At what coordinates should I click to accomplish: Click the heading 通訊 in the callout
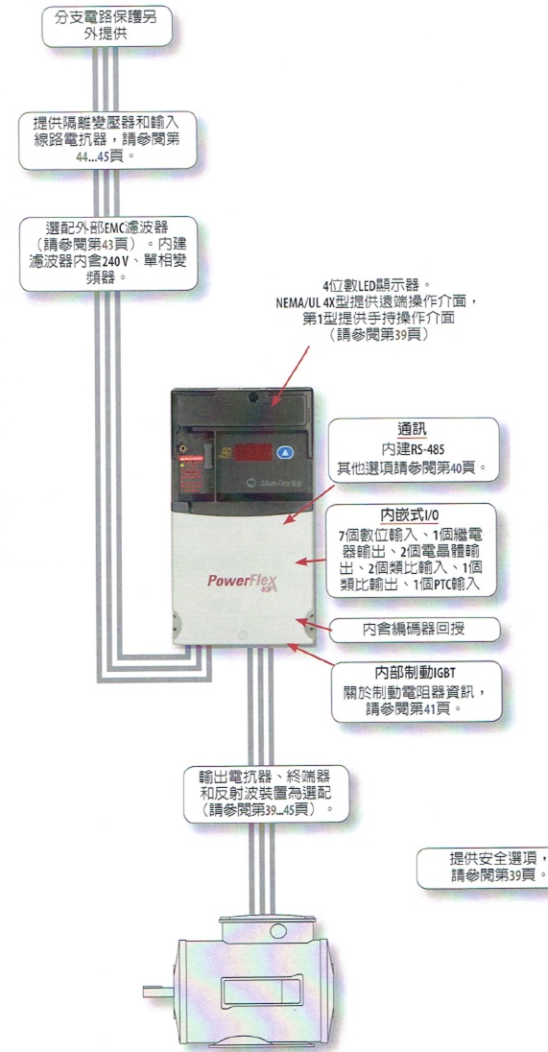(x=412, y=429)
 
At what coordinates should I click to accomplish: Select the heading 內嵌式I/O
(x=411, y=514)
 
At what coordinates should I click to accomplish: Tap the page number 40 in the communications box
(x=457, y=466)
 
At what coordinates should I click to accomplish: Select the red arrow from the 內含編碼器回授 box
(x=314, y=625)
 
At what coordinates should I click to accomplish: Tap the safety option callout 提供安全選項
(x=483, y=868)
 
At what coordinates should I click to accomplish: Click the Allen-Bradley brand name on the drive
(x=273, y=482)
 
